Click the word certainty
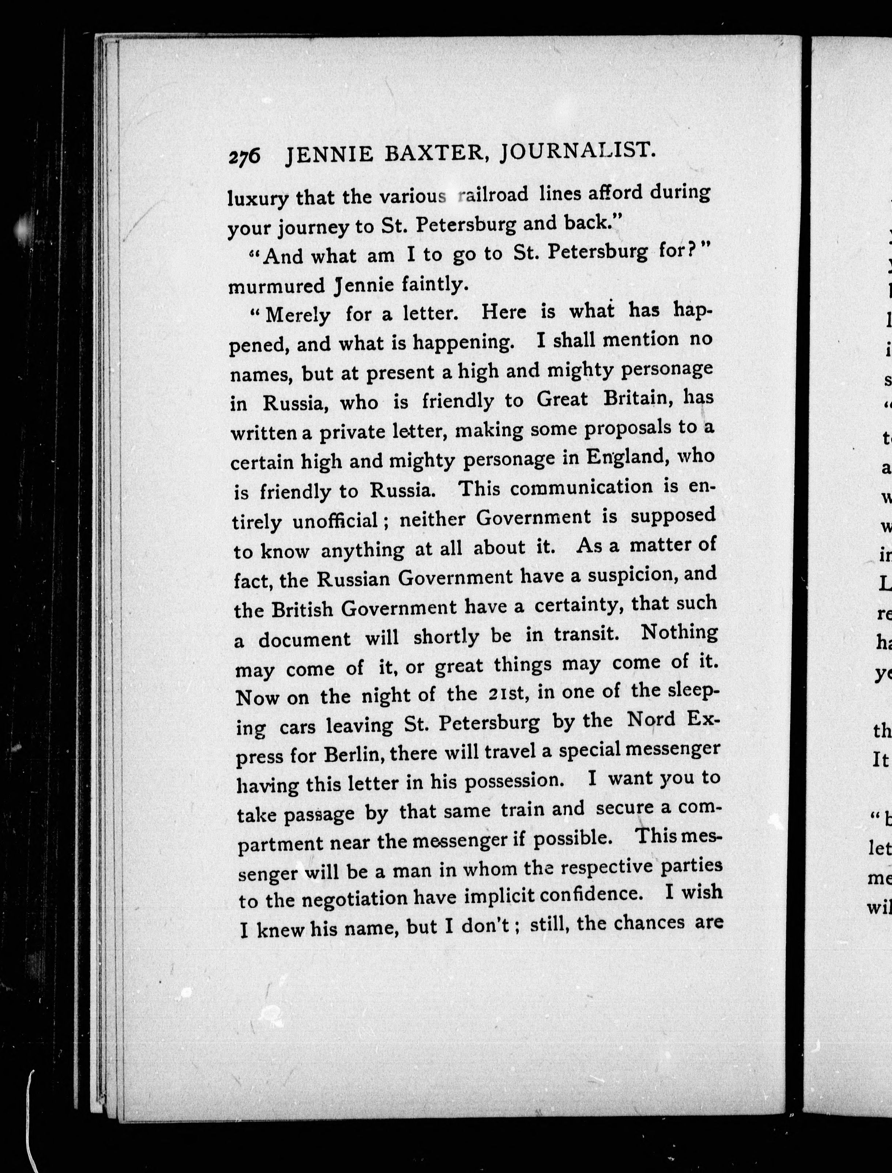(x=580, y=604)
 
